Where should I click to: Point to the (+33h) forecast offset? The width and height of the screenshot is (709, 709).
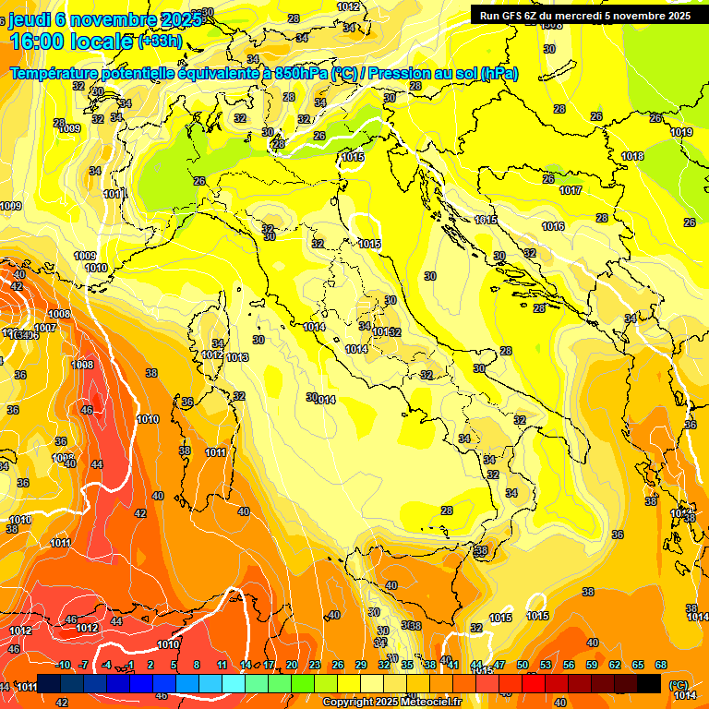point(159,42)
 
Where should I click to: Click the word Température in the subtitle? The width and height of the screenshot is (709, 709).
point(55,73)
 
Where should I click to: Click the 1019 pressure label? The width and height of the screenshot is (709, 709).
point(681,133)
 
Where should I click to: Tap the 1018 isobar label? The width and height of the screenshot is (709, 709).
point(632,157)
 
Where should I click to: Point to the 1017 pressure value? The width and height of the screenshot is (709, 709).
point(571,191)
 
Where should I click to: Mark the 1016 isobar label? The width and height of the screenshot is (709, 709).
point(553,226)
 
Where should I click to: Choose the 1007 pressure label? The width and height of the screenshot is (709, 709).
point(45,329)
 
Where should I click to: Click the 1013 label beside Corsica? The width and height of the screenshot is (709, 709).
point(237,357)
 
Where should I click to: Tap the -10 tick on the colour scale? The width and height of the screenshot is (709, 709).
point(63,666)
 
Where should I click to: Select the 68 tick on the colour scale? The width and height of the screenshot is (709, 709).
point(661,666)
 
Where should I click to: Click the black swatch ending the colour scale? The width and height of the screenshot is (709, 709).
point(649,683)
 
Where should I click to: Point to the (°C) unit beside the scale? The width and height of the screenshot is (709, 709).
point(678,684)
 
